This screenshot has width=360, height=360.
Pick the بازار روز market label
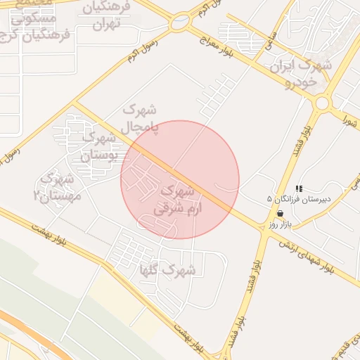tap(280, 225)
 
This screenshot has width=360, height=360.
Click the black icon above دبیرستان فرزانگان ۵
tap(299, 188)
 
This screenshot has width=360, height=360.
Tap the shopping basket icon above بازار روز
tap(281, 213)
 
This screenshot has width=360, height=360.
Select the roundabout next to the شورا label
tap(323, 103)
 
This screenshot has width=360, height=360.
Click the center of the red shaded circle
tap(180, 179)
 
